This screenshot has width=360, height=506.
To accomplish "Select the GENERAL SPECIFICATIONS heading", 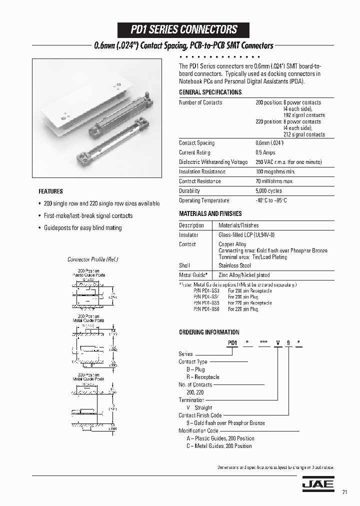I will tap(210, 92).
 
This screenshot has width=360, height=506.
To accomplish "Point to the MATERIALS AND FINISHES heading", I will tap(210, 213).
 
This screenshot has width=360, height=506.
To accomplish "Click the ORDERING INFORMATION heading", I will tap(209, 332).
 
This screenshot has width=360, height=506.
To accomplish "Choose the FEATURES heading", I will tap(50, 191).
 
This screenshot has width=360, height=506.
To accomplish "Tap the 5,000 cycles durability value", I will tap(268, 191).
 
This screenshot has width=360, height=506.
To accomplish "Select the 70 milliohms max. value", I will tap(274, 181).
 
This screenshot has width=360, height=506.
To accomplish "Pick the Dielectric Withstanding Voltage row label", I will tap(213, 162).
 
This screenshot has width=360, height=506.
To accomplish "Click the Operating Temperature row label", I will tap(204, 200).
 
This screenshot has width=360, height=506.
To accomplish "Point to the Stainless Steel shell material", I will tap(234, 266).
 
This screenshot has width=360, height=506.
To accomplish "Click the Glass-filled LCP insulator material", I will tap(246, 235).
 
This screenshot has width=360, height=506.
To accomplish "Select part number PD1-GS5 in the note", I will tap(206, 303).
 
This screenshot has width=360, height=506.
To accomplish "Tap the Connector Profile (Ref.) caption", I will tap(92, 259).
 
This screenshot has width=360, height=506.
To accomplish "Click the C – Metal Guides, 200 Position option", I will tap(219, 446).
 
